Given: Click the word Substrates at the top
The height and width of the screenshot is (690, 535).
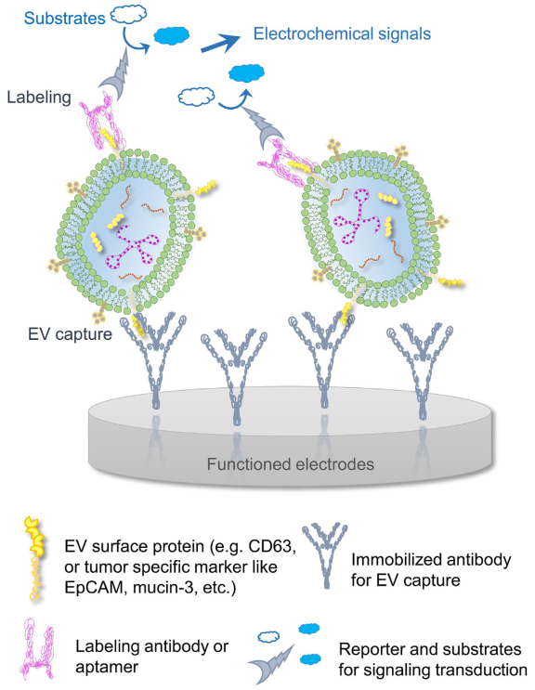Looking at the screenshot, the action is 64,19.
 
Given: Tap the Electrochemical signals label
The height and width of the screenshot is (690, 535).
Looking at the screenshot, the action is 342,33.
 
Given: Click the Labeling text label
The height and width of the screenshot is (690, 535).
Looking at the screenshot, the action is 39,98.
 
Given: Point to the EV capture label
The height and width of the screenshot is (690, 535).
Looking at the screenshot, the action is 70,334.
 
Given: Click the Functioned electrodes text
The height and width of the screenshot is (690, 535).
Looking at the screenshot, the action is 291,464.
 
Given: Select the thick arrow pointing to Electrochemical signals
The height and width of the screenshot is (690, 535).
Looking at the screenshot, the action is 220,44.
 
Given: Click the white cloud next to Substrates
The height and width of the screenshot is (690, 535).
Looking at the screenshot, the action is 128,15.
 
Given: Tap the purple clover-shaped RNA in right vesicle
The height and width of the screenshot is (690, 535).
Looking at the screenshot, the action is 358,215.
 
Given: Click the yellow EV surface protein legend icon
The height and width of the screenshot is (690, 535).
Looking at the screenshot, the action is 34,559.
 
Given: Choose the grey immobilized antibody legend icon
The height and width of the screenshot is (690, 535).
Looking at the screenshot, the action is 326,554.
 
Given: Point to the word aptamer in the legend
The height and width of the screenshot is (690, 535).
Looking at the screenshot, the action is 107,667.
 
